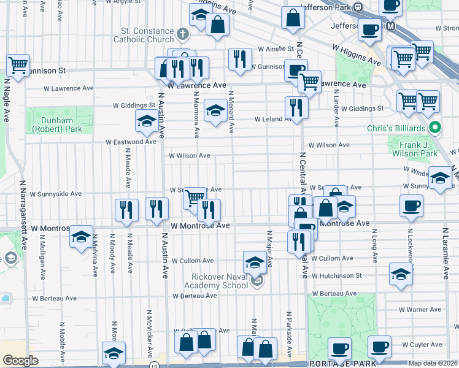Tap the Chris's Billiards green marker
click(435, 128)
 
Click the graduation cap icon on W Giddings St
click(215, 111)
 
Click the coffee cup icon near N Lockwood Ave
click(411, 205)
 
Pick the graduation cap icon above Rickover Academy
click(255, 262)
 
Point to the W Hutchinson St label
click(337, 276)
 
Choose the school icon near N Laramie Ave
click(439, 178)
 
